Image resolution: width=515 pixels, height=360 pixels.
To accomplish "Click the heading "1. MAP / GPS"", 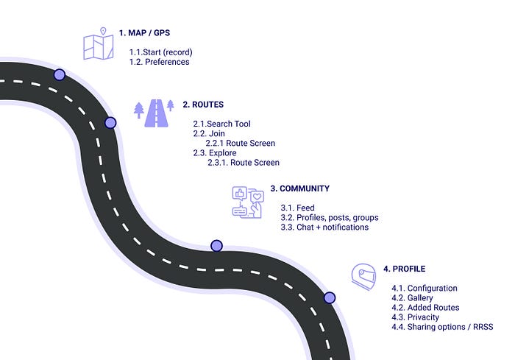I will [x=156, y=33].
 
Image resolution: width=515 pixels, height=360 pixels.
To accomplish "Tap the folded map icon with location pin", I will [x=98, y=44].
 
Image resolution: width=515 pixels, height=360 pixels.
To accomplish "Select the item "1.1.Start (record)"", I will [x=163, y=52].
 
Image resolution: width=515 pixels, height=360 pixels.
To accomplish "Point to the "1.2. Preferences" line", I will [x=159, y=62].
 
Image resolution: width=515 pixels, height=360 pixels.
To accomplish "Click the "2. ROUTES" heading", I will [x=203, y=105].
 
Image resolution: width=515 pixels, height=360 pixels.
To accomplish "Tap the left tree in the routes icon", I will [x=138, y=110].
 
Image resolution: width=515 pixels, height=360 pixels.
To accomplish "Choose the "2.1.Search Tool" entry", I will [x=221, y=124].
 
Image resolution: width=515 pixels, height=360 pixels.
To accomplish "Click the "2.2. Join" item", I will [x=208, y=133].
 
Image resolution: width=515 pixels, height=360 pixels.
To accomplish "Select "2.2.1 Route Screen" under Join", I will [x=240, y=143].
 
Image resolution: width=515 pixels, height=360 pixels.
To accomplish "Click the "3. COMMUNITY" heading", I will [x=299, y=188].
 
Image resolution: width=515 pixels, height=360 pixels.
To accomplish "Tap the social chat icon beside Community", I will [x=247, y=202].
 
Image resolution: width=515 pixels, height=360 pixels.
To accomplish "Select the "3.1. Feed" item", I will [x=297, y=208].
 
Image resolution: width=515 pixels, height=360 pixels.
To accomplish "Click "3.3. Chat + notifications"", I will [x=324, y=227].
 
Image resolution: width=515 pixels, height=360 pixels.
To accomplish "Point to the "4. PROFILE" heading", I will [x=404, y=269].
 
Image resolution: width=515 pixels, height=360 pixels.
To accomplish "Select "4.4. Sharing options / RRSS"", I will [x=442, y=326].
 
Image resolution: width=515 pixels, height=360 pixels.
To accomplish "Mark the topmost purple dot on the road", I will [x=60, y=74].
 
